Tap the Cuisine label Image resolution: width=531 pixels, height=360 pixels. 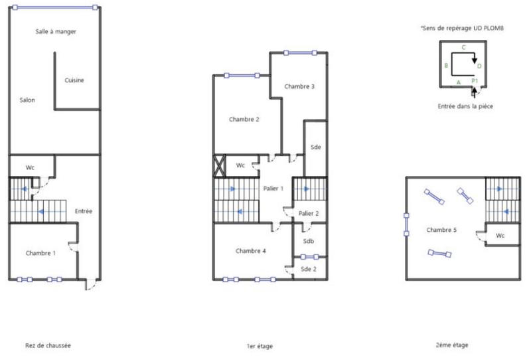[x=74, y=80]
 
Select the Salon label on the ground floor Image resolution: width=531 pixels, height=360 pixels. [x=27, y=100]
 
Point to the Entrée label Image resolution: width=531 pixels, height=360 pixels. [x=84, y=211]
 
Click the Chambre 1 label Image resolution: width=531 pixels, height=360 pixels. [x=40, y=253]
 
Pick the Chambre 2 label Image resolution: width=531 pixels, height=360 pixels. [x=244, y=120]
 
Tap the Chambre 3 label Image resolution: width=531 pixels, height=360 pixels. [x=299, y=86]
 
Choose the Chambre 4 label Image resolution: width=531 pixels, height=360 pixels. [x=250, y=251]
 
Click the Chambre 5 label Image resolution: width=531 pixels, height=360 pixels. [x=441, y=230]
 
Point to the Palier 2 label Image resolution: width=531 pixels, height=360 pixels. [x=309, y=213]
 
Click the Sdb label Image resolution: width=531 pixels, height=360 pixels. [x=309, y=241]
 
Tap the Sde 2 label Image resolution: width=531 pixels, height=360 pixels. [x=309, y=268]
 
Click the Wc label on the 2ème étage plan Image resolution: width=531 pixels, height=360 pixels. [x=500, y=236]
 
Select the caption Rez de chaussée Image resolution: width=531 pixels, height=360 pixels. [x=48, y=345]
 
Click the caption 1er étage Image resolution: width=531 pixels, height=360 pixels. [x=259, y=346]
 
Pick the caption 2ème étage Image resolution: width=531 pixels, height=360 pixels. [x=452, y=345]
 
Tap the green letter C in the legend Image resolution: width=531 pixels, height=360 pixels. [x=463, y=47]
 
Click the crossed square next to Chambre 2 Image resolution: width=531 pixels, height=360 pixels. [x=220, y=165]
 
